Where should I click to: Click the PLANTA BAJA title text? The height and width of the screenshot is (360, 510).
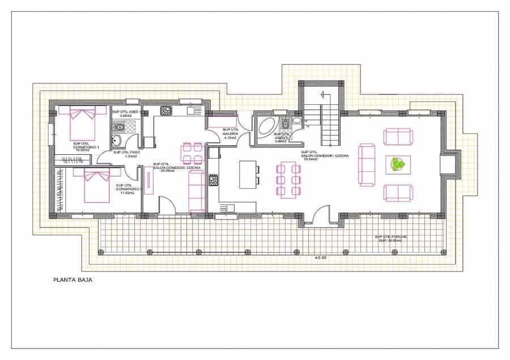point(73,279)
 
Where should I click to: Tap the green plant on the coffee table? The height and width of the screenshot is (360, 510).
point(398,165)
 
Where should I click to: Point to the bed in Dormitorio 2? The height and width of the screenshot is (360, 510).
point(97,185)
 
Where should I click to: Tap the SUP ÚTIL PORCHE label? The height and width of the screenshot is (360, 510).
point(390,238)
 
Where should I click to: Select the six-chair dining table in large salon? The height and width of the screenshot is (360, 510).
point(290,178)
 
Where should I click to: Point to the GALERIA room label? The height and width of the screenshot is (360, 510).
point(230,134)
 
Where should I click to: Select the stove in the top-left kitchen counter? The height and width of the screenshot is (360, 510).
point(166,111)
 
